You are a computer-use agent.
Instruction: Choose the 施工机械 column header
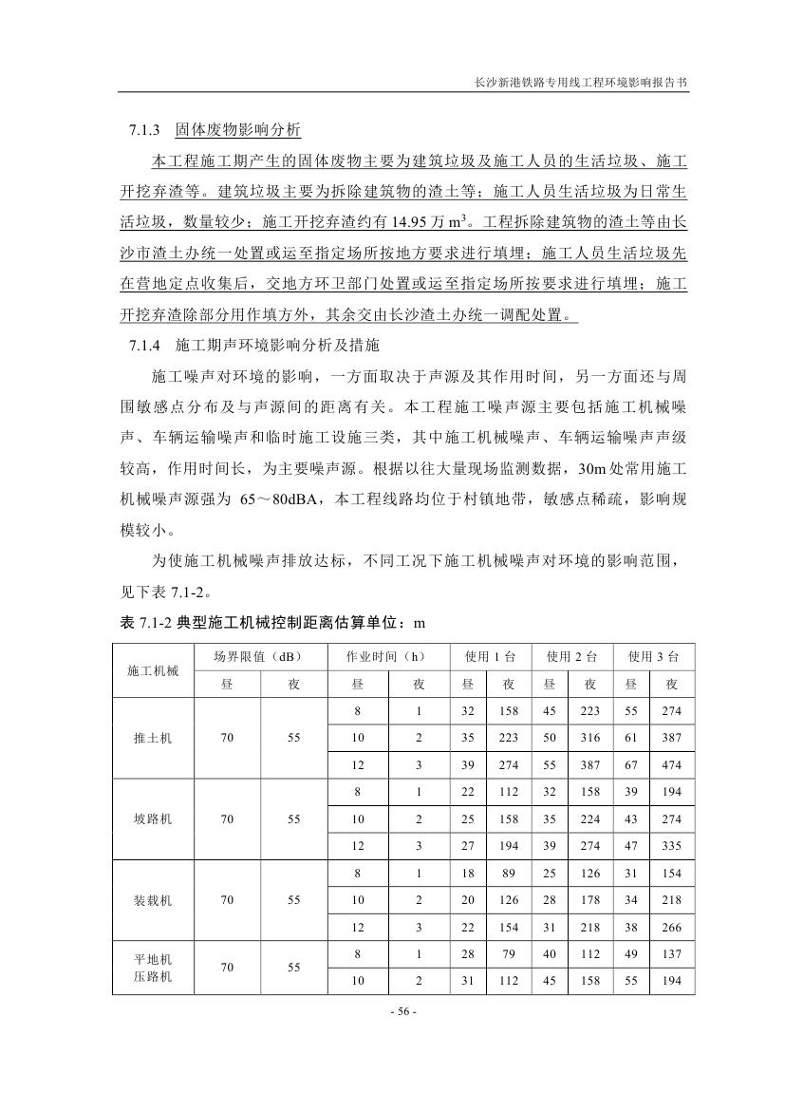[x=153, y=670]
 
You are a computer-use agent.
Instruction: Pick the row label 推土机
[x=153, y=738]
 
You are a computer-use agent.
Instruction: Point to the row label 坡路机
[x=153, y=818]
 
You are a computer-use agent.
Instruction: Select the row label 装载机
[x=153, y=899]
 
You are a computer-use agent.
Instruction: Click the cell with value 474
[x=672, y=765]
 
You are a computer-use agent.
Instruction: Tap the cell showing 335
[x=672, y=846]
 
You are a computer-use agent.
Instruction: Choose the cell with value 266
[x=672, y=927]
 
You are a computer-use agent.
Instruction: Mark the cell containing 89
[x=509, y=873]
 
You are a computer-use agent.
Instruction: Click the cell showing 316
[x=590, y=738]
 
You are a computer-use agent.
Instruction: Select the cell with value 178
[x=590, y=899]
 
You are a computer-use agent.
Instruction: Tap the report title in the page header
[x=581, y=83]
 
